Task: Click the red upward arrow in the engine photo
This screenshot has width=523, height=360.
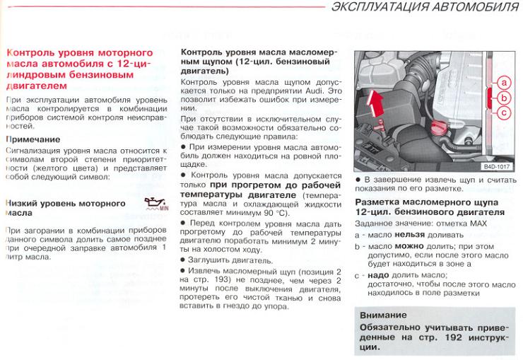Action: (377, 108)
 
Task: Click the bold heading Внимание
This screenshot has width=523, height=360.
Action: (383, 315)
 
